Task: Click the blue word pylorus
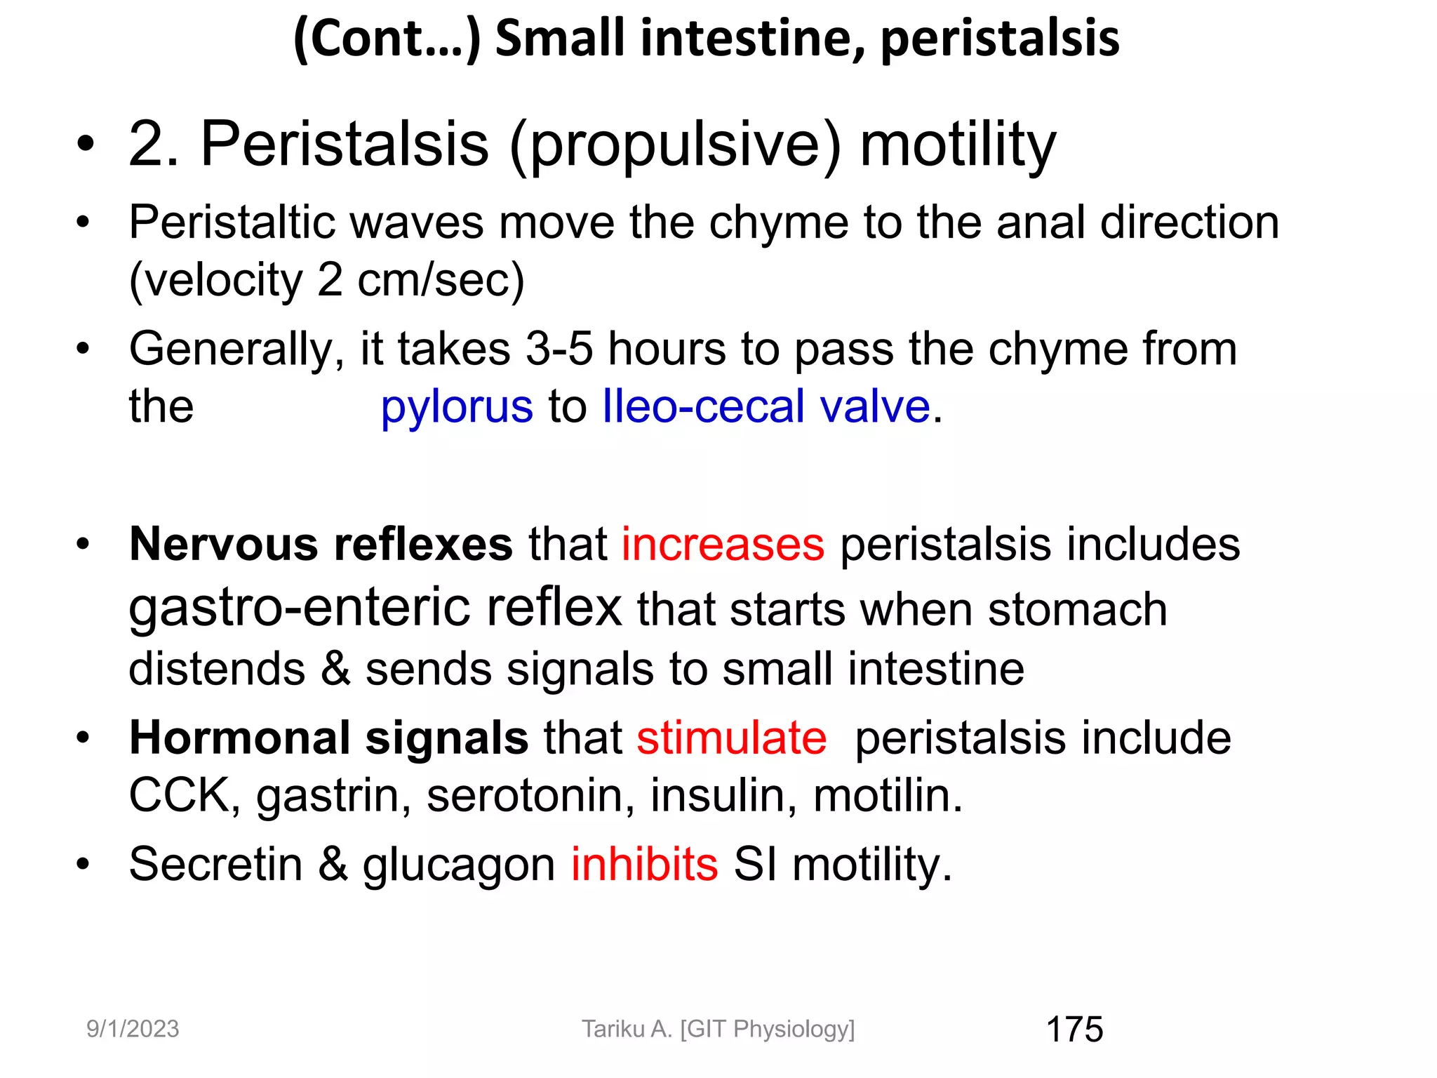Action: coord(457,407)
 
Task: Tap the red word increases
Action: coord(723,545)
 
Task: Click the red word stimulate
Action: coord(732,738)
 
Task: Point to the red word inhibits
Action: coord(644,864)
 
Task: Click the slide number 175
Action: coord(1074,1030)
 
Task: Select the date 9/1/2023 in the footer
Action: coord(133,1029)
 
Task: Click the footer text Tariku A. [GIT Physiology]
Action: coord(718,1029)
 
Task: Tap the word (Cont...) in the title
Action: coord(387,39)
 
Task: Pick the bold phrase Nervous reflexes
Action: coord(321,545)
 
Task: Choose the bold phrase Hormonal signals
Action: coord(328,738)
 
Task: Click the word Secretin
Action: coord(215,864)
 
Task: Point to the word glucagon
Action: coord(459,865)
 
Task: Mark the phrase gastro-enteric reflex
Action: coord(375,608)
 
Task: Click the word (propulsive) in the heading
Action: coord(675,145)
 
